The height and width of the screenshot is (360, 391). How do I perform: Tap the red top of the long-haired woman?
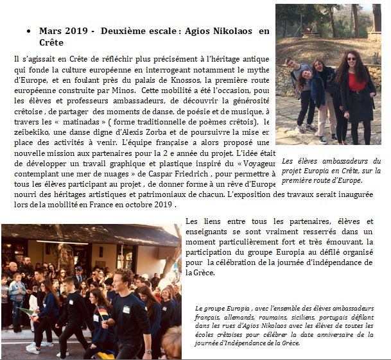click(x=354, y=82)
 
